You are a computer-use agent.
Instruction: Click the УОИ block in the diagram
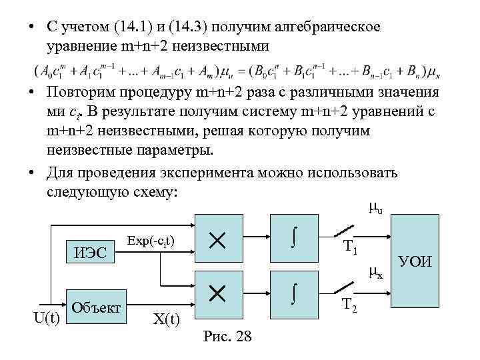[x=416, y=259]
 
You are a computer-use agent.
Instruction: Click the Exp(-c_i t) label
[x=150, y=239]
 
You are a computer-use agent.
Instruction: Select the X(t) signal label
[x=166, y=319]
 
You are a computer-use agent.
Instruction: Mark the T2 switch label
[x=351, y=305]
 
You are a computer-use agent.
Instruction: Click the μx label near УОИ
[x=376, y=271]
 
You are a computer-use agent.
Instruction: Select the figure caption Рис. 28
[x=226, y=337]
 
